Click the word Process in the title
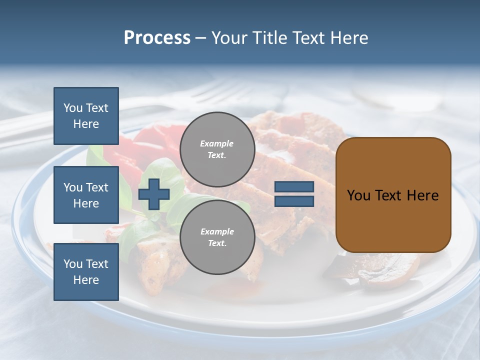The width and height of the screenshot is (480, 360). coord(157,38)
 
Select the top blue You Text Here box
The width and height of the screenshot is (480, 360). coord(86,116)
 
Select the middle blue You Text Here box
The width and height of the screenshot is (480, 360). coord(86,195)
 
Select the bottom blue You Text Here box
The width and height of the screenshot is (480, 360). coord(86,272)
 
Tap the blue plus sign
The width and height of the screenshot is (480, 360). coord(154,194)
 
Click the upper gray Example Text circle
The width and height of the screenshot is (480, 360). coord(217,149)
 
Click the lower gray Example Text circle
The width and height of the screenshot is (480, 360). coord(217,237)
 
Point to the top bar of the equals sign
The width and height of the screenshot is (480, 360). coord(294,187)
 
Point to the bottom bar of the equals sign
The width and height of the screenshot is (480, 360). coord(294,201)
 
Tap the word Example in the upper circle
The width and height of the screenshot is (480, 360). coord(217,143)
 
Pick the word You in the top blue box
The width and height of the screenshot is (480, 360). coord(73,108)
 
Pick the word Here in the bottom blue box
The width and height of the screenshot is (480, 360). coord(86,280)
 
